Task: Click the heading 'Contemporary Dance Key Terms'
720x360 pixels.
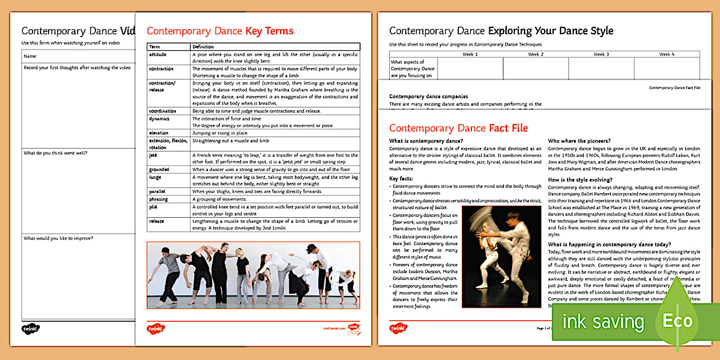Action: pos(220,31)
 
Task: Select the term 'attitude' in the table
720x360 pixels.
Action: pos(158,54)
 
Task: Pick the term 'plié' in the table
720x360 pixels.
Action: pos(154,206)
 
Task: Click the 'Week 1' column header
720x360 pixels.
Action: pos(470,54)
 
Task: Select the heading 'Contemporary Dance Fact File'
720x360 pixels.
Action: pos(458,128)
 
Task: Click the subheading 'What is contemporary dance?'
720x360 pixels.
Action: pos(426,141)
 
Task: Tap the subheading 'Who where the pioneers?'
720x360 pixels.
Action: pos(579,141)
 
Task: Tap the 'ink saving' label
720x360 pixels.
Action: pos(603,322)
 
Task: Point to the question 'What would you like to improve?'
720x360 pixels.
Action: pos(59,238)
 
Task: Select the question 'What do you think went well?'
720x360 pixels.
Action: pos(55,153)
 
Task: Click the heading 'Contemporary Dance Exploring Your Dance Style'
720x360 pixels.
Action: pos(501,31)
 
